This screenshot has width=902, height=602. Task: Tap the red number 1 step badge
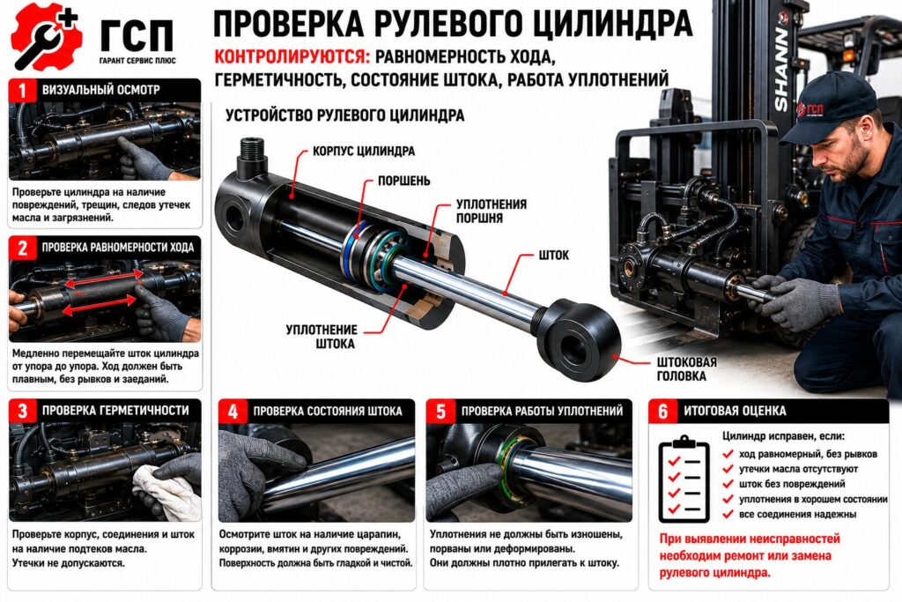tap(22, 91)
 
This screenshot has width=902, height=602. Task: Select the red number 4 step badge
tap(233, 411)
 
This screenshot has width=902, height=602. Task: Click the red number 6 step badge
tap(662, 411)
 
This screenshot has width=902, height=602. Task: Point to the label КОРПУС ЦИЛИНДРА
tap(364, 152)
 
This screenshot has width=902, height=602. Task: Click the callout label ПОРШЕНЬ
tap(403, 181)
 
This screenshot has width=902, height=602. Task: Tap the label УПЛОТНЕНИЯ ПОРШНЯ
tap(492, 212)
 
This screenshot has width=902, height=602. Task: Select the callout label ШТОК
tap(553, 255)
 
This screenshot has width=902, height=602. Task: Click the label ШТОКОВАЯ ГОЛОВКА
tap(687, 369)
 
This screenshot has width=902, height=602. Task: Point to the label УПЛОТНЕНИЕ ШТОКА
tap(322, 337)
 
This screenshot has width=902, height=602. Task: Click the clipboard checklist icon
tap(684, 479)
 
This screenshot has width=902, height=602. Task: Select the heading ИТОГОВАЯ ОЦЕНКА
tap(735, 411)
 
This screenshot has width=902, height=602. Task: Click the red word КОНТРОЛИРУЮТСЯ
tap(292, 57)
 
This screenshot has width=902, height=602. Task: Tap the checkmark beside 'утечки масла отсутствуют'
tap(728, 469)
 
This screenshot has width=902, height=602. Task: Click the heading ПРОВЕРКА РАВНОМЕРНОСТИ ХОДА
tap(118, 248)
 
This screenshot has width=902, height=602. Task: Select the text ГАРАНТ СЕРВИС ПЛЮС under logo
tap(137, 61)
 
